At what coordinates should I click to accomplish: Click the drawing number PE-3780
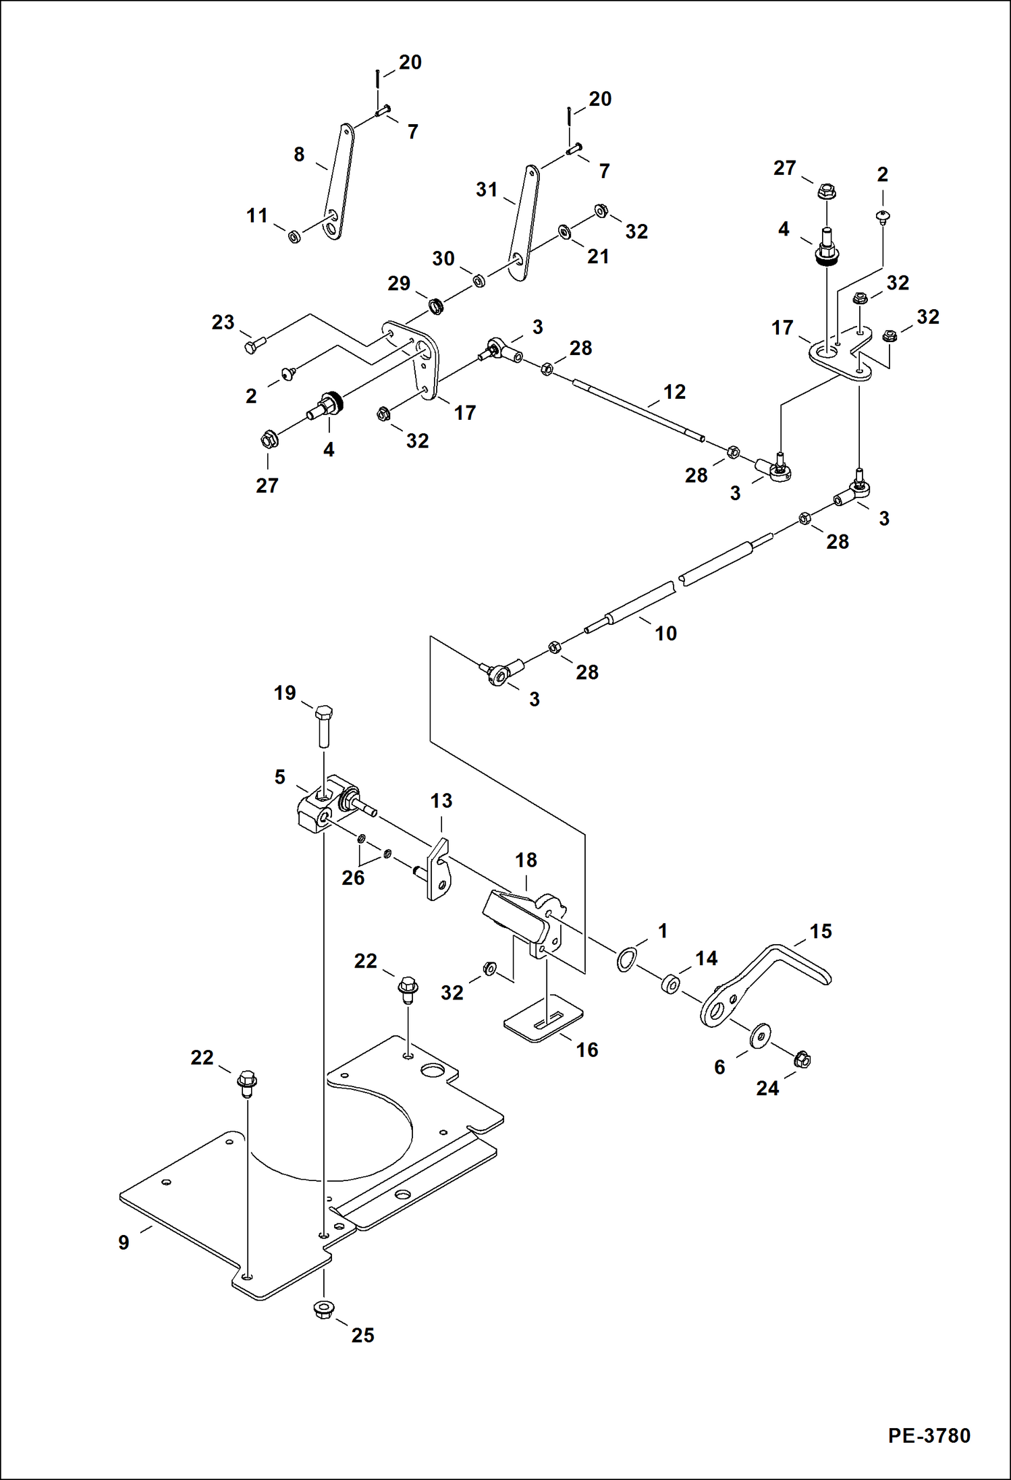(x=929, y=1435)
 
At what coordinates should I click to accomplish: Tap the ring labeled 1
(x=626, y=958)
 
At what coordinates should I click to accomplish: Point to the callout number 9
(x=124, y=1242)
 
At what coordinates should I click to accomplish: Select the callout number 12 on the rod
(x=674, y=391)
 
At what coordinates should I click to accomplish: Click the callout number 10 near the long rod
(x=665, y=633)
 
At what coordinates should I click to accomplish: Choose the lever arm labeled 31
(x=524, y=223)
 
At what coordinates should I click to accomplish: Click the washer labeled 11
(x=294, y=237)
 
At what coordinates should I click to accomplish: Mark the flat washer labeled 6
(x=761, y=1035)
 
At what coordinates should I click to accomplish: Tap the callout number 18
(x=526, y=860)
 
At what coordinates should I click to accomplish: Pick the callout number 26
(x=353, y=877)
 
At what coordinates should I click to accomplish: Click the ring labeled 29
(x=437, y=306)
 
